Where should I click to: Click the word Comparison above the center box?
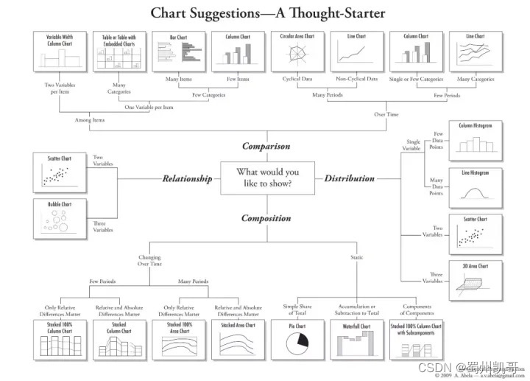(266, 146)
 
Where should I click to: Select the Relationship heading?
(187, 178)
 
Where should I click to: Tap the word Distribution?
(349, 178)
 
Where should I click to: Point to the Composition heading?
(266, 217)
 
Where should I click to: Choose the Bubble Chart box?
(60, 219)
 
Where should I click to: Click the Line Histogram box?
(476, 188)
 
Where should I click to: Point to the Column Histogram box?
(476, 140)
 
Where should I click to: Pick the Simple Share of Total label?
(297, 310)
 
